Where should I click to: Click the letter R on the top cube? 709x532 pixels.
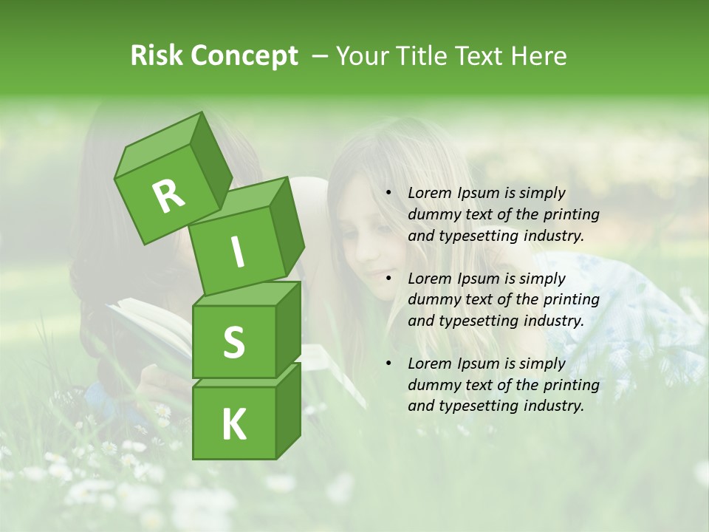pyautogui.click(x=168, y=197)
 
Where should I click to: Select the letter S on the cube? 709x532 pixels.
pyautogui.click(x=233, y=342)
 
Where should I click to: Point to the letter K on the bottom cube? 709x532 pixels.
pyautogui.click(x=233, y=425)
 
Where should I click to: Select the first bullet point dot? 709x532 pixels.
pyautogui.click(x=388, y=194)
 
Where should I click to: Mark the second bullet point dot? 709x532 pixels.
pyautogui.click(x=388, y=279)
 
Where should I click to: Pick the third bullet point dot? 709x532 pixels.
pyautogui.click(x=388, y=364)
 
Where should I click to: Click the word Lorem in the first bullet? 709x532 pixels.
pyautogui.click(x=428, y=193)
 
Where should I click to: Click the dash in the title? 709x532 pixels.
pyautogui.click(x=321, y=56)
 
